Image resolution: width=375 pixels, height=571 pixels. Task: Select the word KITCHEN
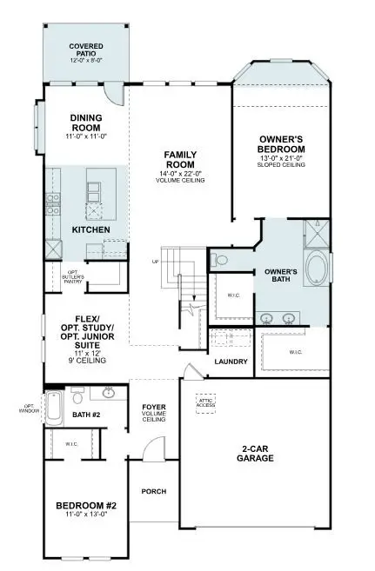pos(90,229)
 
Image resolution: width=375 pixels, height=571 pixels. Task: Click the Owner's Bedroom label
pos(282,144)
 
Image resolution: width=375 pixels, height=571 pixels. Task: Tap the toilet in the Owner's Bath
pos(220,258)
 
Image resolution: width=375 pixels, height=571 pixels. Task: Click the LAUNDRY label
pos(231,362)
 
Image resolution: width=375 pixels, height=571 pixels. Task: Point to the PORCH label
pos(154,491)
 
